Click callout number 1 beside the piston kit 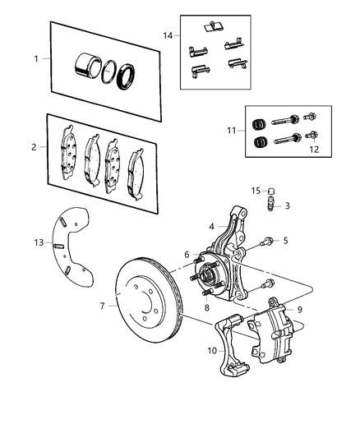pos(35,58)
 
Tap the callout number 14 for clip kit pos(168,35)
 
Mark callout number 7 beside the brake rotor pos(104,306)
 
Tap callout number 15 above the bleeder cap pos(256,191)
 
